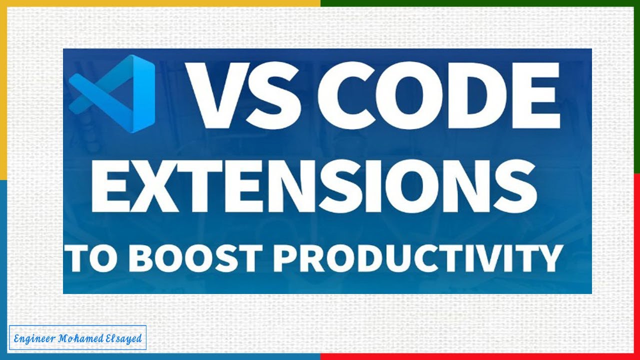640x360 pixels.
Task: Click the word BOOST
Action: [192, 258]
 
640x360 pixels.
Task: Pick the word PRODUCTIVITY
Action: [418, 258]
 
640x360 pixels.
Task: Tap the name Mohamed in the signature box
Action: [81, 338]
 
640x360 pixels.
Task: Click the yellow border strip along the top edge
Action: [160, 3]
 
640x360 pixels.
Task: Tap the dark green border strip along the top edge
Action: [480, 3]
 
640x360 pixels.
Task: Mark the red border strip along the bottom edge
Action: [480, 356]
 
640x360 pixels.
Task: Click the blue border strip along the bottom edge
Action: [160, 356]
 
